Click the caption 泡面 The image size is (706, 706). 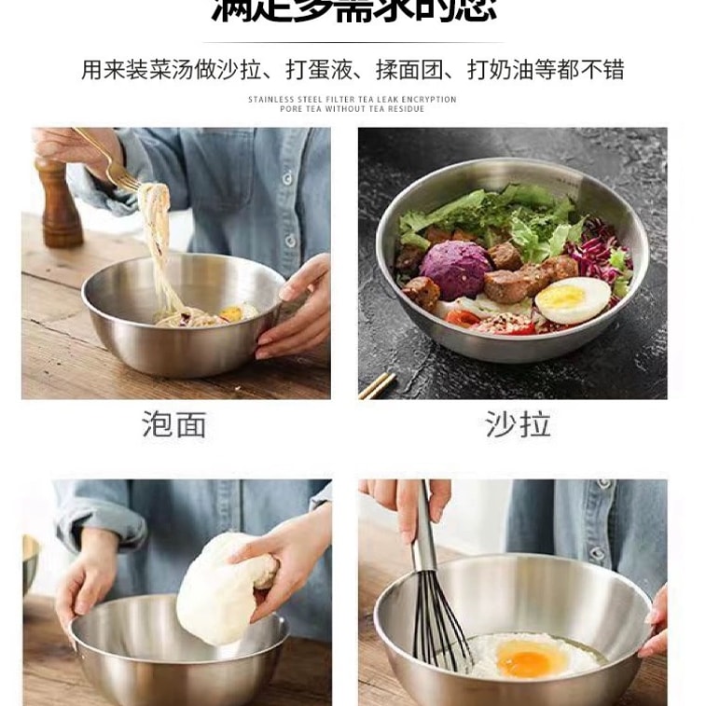pos(174,424)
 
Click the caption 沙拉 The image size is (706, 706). pos(518,424)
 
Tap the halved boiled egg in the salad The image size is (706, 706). pos(572,298)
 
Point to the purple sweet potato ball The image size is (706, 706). pos(454,269)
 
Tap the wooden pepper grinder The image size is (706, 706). pos(58,201)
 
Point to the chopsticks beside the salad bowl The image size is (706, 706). pos(377,384)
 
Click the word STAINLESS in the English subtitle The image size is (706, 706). pos(269,99)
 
